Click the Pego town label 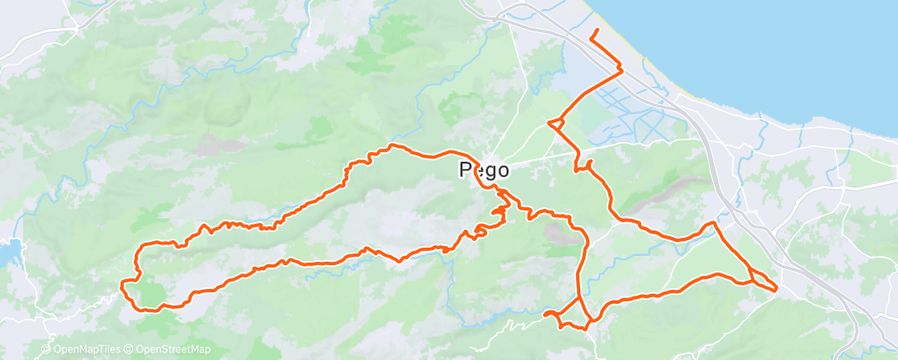click(x=483, y=169)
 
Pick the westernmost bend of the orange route click(x=123, y=285)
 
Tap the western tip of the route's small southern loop click(x=546, y=313)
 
